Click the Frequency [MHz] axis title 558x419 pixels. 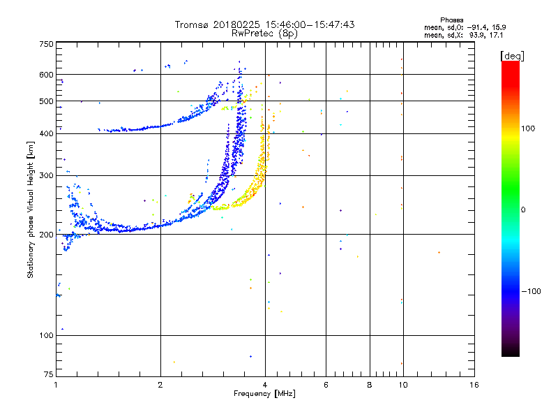pos(266,395)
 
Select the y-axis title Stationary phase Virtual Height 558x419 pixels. pos(31,209)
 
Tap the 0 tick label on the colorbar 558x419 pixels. pos(522,209)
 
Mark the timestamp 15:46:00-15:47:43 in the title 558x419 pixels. pos(306,24)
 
